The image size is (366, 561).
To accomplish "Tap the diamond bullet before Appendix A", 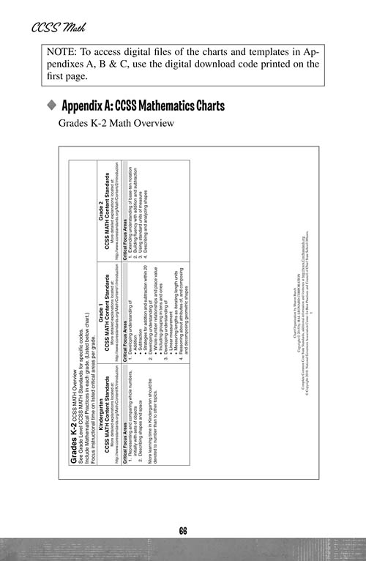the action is (x=51, y=106).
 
